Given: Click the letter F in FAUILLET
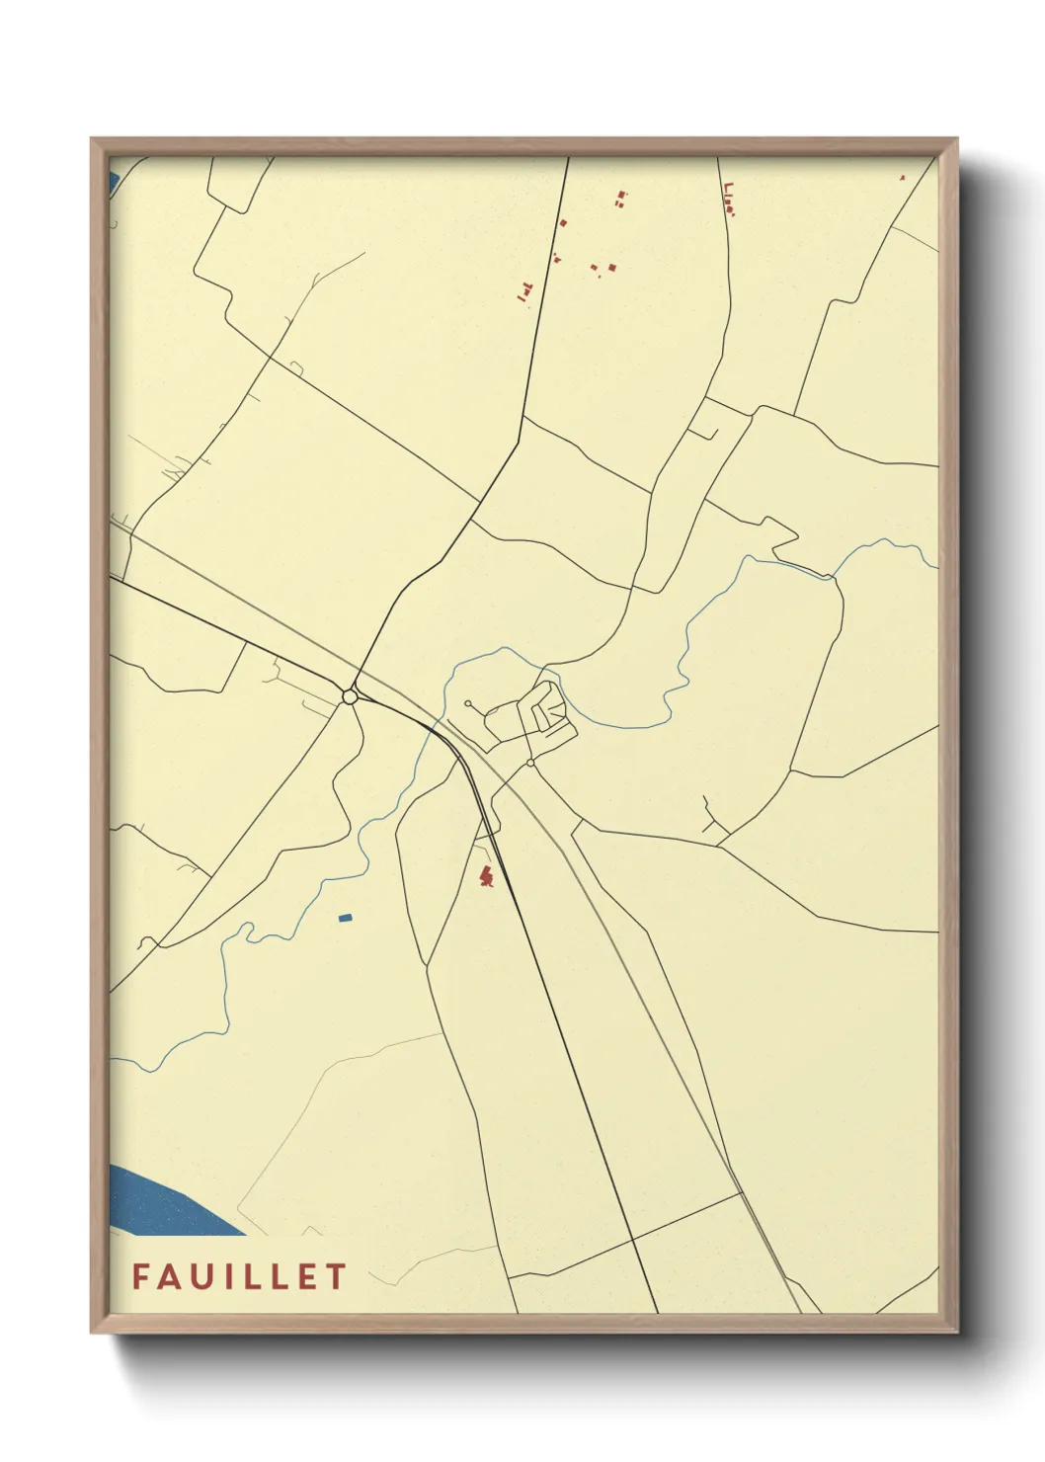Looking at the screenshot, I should [141, 1276].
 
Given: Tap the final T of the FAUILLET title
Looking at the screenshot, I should [338, 1276].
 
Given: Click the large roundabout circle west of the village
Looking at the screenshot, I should [349, 697].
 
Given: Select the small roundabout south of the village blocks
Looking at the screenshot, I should [530, 763].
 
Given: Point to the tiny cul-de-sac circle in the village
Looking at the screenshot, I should [467, 704].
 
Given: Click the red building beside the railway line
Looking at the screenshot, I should [485, 875].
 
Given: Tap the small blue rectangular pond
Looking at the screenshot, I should [345, 918].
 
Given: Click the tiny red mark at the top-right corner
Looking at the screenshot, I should [902, 178].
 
